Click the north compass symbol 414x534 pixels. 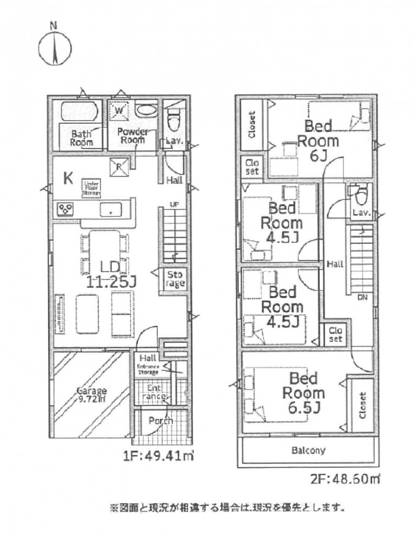(55, 48)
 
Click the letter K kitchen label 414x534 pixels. (68, 178)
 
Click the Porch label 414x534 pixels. (161, 421)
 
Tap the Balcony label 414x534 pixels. (308, 450)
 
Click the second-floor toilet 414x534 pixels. (359, 193)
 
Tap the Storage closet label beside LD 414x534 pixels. (175, 278)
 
